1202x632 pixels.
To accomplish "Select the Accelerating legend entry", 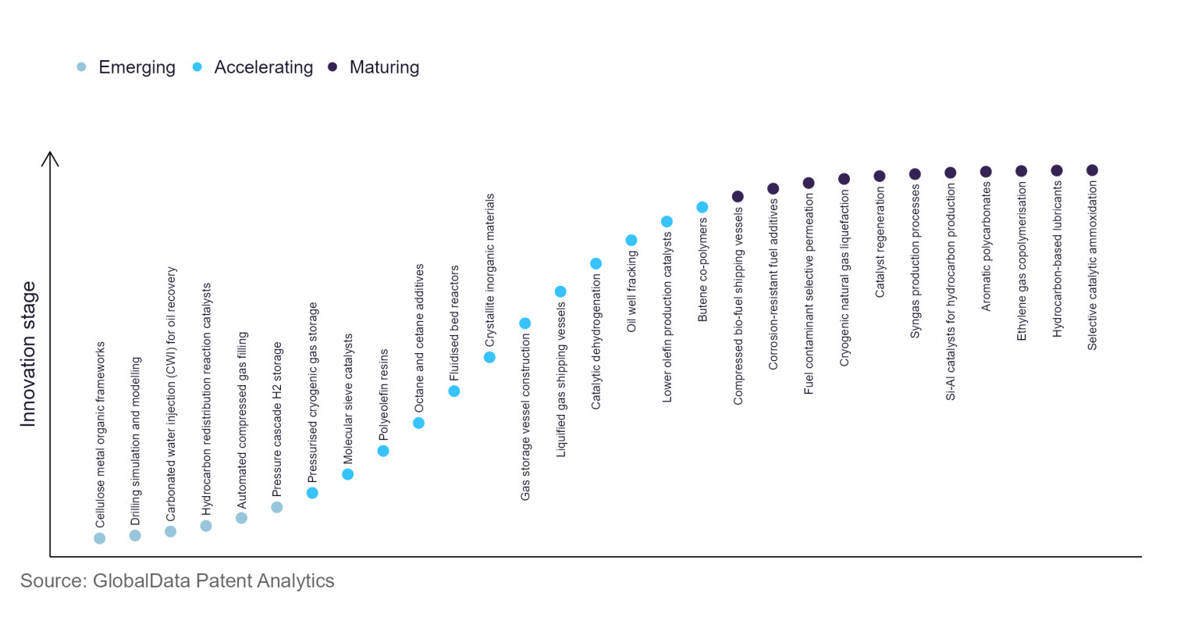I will (x=253, y=67).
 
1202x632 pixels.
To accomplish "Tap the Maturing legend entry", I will (x=374, y=67).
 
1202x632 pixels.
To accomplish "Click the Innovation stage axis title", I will (x=28, y=354).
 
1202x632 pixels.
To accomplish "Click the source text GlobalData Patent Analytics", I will (x=177, y=580).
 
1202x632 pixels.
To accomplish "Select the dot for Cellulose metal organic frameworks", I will (x=100, y=538).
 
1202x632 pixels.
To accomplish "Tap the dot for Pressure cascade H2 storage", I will (x=277, y=507).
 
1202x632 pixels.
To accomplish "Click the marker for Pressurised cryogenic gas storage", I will (x=312, y=493).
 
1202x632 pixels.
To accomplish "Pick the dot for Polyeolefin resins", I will (x=383, y=451).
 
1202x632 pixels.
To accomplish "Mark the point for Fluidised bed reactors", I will (x=454, y=391).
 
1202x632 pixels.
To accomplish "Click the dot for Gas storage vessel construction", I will (x=525, y=323).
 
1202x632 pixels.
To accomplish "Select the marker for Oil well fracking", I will (x=631, y=240).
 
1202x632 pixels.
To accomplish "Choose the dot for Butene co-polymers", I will (x=702, y=207).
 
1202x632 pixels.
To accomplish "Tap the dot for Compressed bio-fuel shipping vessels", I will (x=738, y=196).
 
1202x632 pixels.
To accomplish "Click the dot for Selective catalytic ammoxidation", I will (x=1093, y=170).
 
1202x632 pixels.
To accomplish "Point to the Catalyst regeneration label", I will (x=880, y=242).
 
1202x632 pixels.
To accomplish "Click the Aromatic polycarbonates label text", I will (x=986, y=247).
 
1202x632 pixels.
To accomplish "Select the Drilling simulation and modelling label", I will (x=136, y=441).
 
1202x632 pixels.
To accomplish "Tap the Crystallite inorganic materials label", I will (x=490, y=270).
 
